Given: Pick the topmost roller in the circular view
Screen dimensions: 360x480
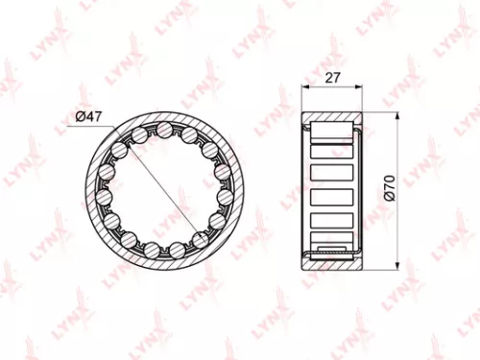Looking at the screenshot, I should pyautogui.click(x=165, y=130).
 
